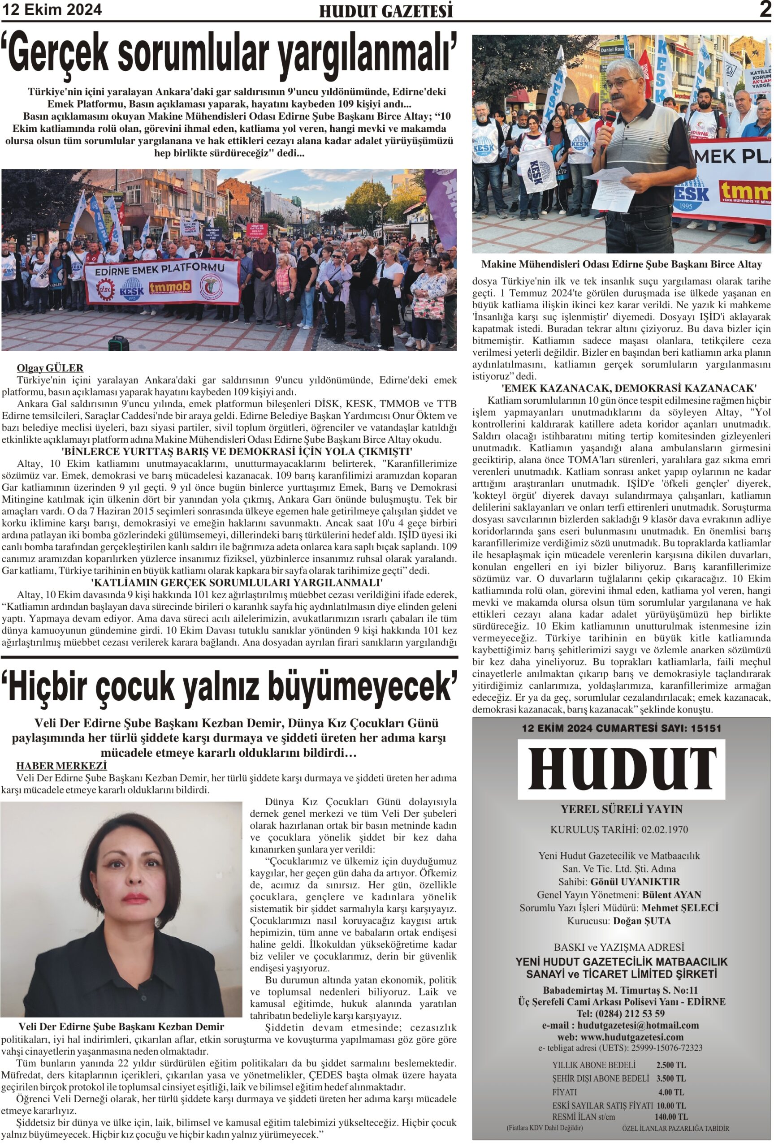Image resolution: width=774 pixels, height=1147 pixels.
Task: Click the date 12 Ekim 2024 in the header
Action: point(52,9)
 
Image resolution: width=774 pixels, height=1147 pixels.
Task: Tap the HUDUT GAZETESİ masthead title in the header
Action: point(385,11)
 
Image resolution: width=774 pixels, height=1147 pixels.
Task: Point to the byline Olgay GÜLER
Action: point(50,367)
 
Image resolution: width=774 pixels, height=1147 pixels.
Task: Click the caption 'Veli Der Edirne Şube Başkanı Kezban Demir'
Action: point(121,1026)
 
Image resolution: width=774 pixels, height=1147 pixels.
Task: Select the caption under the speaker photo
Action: point(621,264)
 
